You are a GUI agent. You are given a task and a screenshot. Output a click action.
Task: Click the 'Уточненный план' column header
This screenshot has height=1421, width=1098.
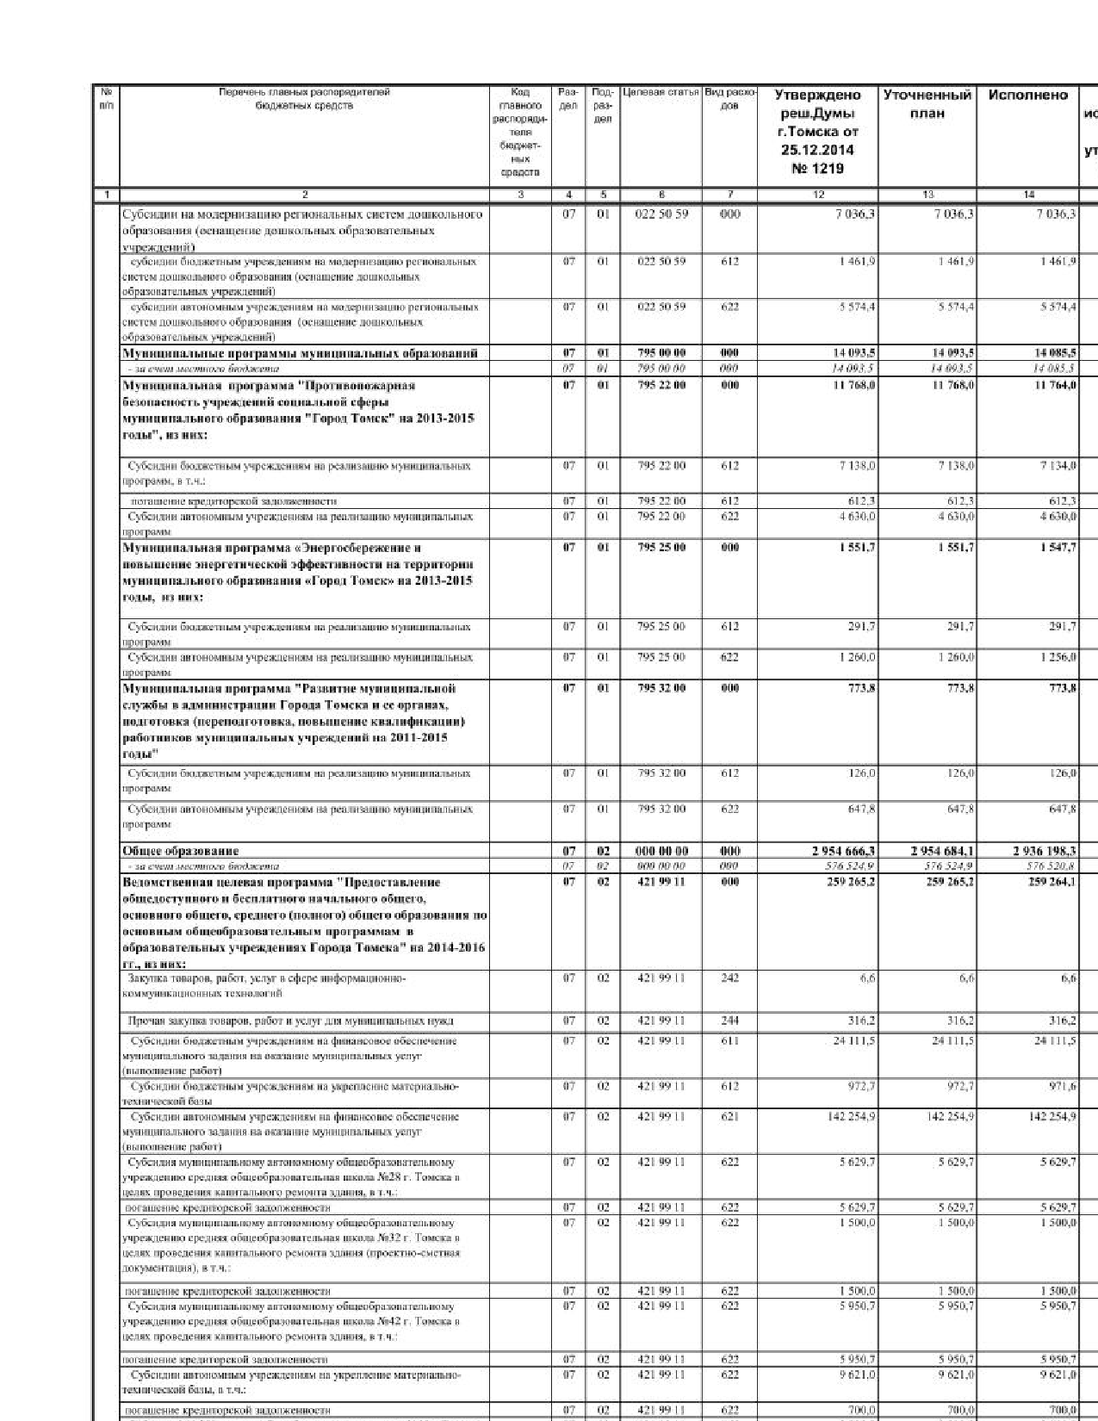(927, 104)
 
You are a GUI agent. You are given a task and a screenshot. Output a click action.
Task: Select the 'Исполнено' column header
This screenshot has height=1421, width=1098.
(1027, 96)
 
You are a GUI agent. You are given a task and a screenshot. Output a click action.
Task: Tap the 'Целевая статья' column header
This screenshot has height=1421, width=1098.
(661, 91)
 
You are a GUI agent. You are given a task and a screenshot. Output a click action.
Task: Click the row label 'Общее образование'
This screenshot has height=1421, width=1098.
(181, 851)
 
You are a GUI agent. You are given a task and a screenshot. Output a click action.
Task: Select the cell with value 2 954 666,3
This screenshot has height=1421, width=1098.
(843, 851)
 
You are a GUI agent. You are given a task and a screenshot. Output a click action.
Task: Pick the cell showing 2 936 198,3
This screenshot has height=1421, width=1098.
(1044, 851)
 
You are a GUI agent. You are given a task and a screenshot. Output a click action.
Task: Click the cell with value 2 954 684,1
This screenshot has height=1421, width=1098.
(942, 851)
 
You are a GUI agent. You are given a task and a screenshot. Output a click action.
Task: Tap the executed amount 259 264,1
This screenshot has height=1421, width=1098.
(1051, 882)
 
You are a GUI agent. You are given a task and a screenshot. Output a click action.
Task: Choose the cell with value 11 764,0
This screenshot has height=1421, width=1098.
(1056, 385)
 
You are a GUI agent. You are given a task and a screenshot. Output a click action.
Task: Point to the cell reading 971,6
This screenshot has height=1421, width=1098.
(1063, 1086)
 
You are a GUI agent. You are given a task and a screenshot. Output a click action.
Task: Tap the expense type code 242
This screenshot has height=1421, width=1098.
(729, 977)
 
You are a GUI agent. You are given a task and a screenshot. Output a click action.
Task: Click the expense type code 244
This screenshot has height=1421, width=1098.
(729, 1021)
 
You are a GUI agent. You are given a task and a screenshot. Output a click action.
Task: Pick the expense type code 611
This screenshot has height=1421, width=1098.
(729, 1040)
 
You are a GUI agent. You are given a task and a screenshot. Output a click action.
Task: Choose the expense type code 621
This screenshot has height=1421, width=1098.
(729, 1116)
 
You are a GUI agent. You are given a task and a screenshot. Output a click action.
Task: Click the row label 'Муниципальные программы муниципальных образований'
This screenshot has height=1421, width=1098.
(300, 353)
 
